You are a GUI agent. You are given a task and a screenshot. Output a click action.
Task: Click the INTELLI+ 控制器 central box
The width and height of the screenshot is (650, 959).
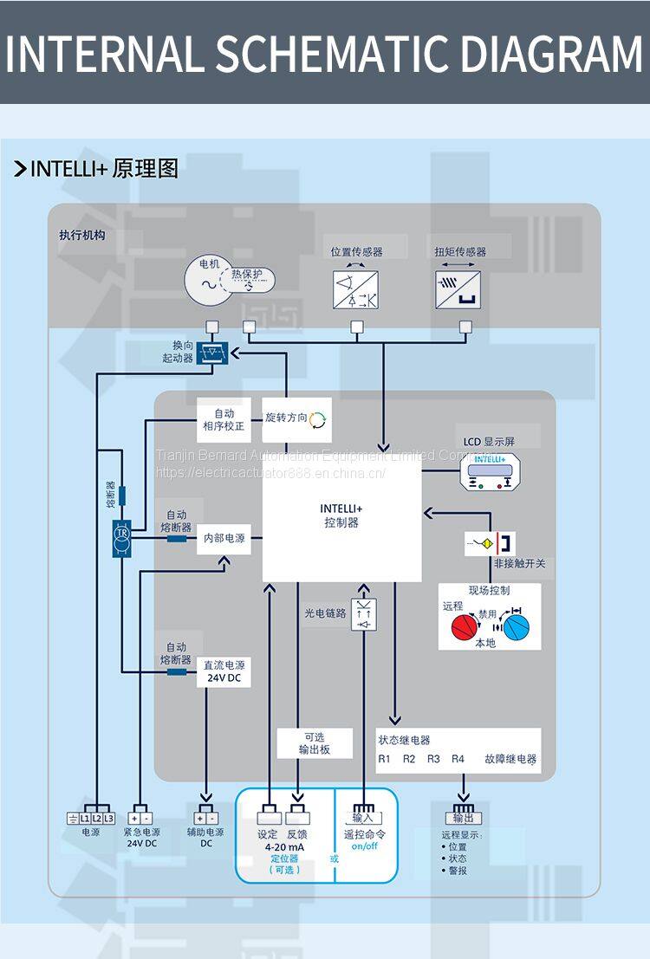click(341, 516)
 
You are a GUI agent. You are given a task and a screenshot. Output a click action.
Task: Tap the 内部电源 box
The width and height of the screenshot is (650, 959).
click(224, 538)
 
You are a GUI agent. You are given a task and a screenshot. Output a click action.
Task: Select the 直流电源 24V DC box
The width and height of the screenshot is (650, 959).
click(224, 672)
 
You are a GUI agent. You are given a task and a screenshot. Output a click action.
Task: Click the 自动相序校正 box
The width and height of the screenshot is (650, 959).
click(224, 419)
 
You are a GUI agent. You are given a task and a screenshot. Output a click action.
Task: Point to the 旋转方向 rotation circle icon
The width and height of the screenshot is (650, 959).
click(319, 419)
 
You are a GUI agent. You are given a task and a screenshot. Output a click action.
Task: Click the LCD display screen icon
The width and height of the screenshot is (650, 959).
click(490, 471)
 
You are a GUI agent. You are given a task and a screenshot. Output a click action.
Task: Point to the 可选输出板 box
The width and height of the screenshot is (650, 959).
click(315, 742)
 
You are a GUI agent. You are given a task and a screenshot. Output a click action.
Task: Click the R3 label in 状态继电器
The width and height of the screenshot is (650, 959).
click(433, 759)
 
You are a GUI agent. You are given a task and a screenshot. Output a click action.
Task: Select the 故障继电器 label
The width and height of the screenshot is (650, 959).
click(510, 759)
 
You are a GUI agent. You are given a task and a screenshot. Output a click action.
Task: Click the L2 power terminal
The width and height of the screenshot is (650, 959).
click(97, 818)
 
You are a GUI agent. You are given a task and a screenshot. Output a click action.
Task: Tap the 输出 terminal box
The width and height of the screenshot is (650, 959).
click(463, 818)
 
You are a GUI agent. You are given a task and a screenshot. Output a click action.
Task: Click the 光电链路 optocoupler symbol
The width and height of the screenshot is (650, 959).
click(364, 614)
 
